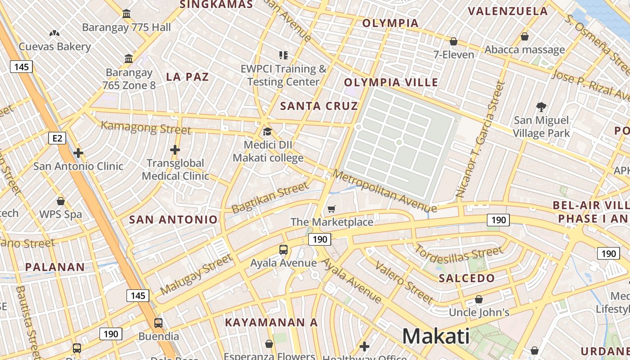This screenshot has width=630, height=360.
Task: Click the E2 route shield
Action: (57, 138)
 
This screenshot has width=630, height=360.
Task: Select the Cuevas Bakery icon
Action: (54, 33)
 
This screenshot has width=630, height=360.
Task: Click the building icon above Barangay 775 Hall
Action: (126, 14)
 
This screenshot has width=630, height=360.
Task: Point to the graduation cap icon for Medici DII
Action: (267, 131)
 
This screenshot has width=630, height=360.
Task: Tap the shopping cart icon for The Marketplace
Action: (332, 209)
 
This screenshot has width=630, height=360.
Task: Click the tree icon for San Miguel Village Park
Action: (541, 107)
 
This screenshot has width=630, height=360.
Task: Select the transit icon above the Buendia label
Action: (158, 323)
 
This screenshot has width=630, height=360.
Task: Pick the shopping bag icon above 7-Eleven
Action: (454, 41)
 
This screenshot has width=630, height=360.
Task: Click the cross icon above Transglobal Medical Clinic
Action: (175, 150)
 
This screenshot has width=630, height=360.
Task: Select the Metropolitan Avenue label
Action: (384, 191)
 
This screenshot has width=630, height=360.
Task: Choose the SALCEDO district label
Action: (467, 278)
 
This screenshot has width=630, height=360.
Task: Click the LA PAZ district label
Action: (187, 77)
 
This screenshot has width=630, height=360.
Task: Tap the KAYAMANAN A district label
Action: (271, 323)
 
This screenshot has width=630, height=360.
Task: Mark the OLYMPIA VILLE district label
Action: (391, 82)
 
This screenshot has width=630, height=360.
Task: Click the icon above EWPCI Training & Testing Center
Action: (283, 55)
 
